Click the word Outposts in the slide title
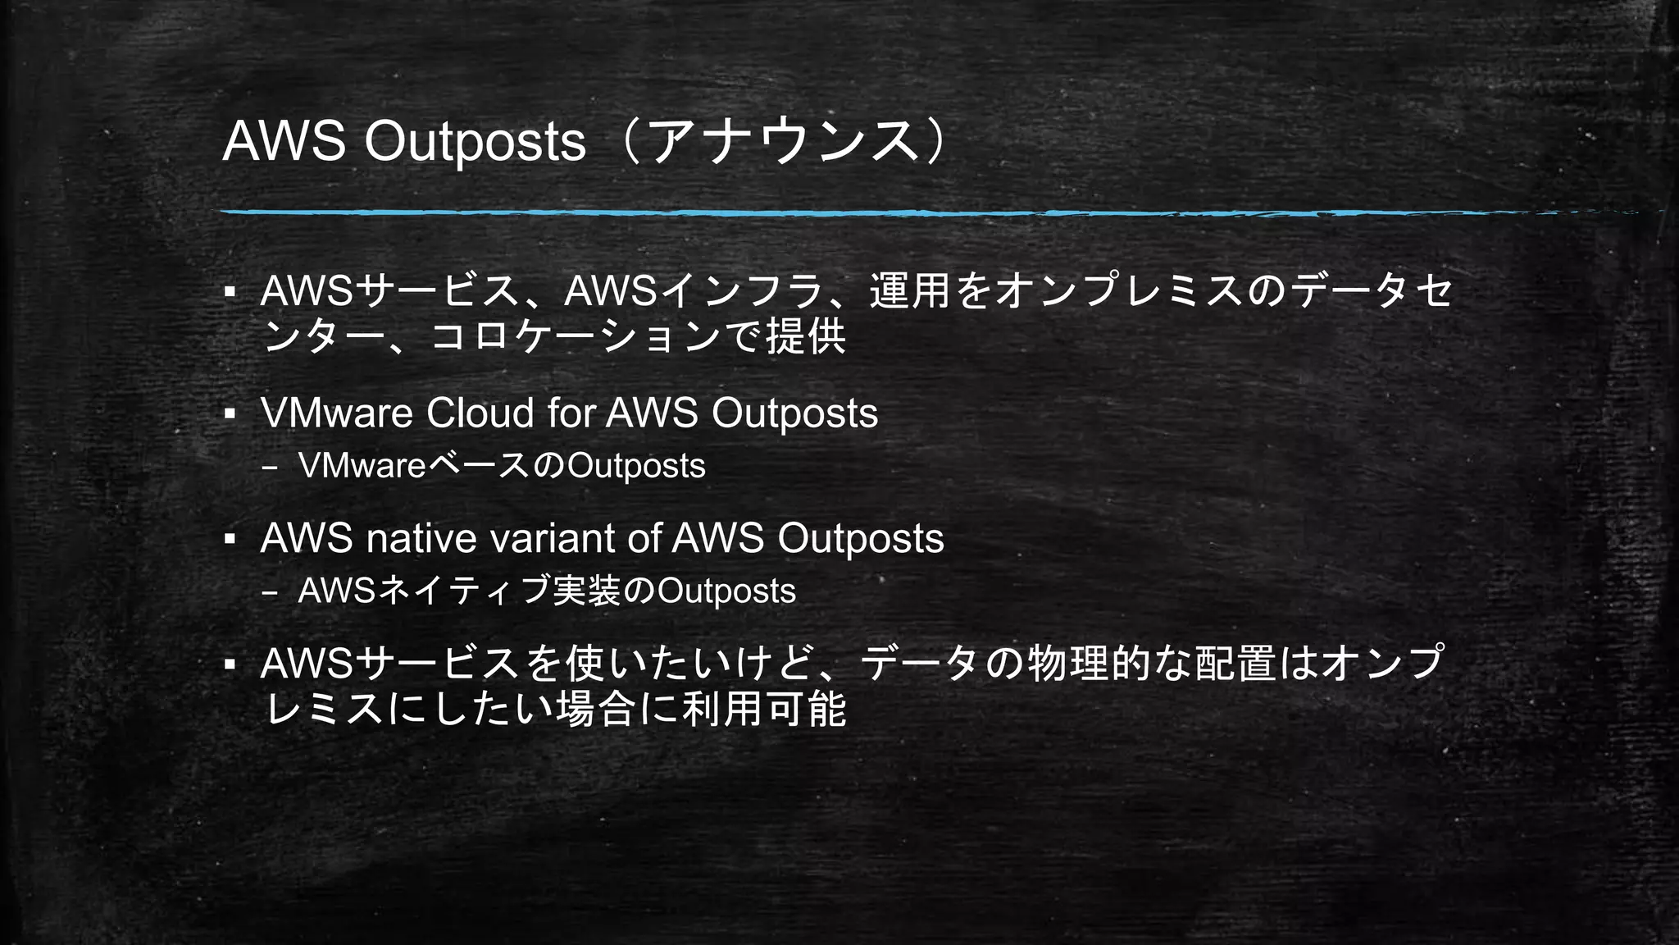[x=475, y=141]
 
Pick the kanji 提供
[x=805, y=336]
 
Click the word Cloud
[x=480, y=413]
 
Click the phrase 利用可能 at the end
[x=763, y=709]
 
